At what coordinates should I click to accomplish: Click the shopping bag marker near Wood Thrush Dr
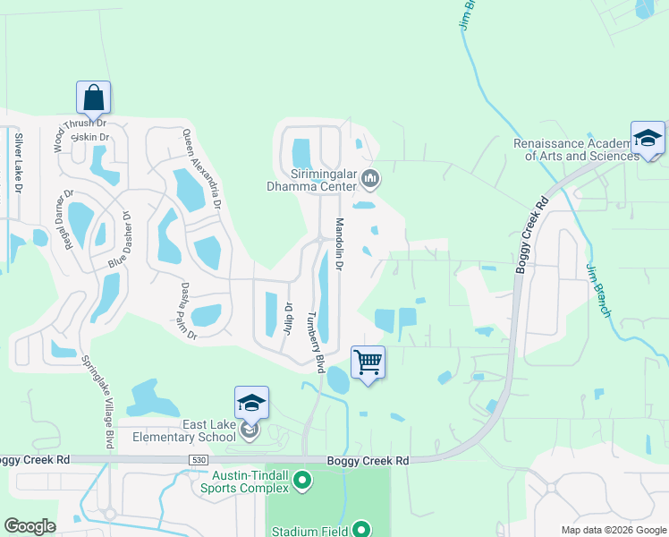[x=93, y=98]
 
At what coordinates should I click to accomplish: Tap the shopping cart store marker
[x=368, y=362]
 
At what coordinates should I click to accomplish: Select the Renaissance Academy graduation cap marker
[x=648, y=138]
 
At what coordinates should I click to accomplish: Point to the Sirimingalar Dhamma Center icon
[x=370, y=181]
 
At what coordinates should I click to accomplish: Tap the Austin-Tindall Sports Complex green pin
[x=302, y=482]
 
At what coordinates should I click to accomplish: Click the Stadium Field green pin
[x=360, y=530]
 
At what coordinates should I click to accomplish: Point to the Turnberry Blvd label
[x=315, y=343]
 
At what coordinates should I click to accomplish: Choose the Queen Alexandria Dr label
[x=202, y=168]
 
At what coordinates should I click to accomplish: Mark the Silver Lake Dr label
[x=17, y=163]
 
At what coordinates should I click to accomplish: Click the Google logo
[x=30, y=526]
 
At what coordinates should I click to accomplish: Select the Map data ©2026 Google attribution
[x=614, y=530]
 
